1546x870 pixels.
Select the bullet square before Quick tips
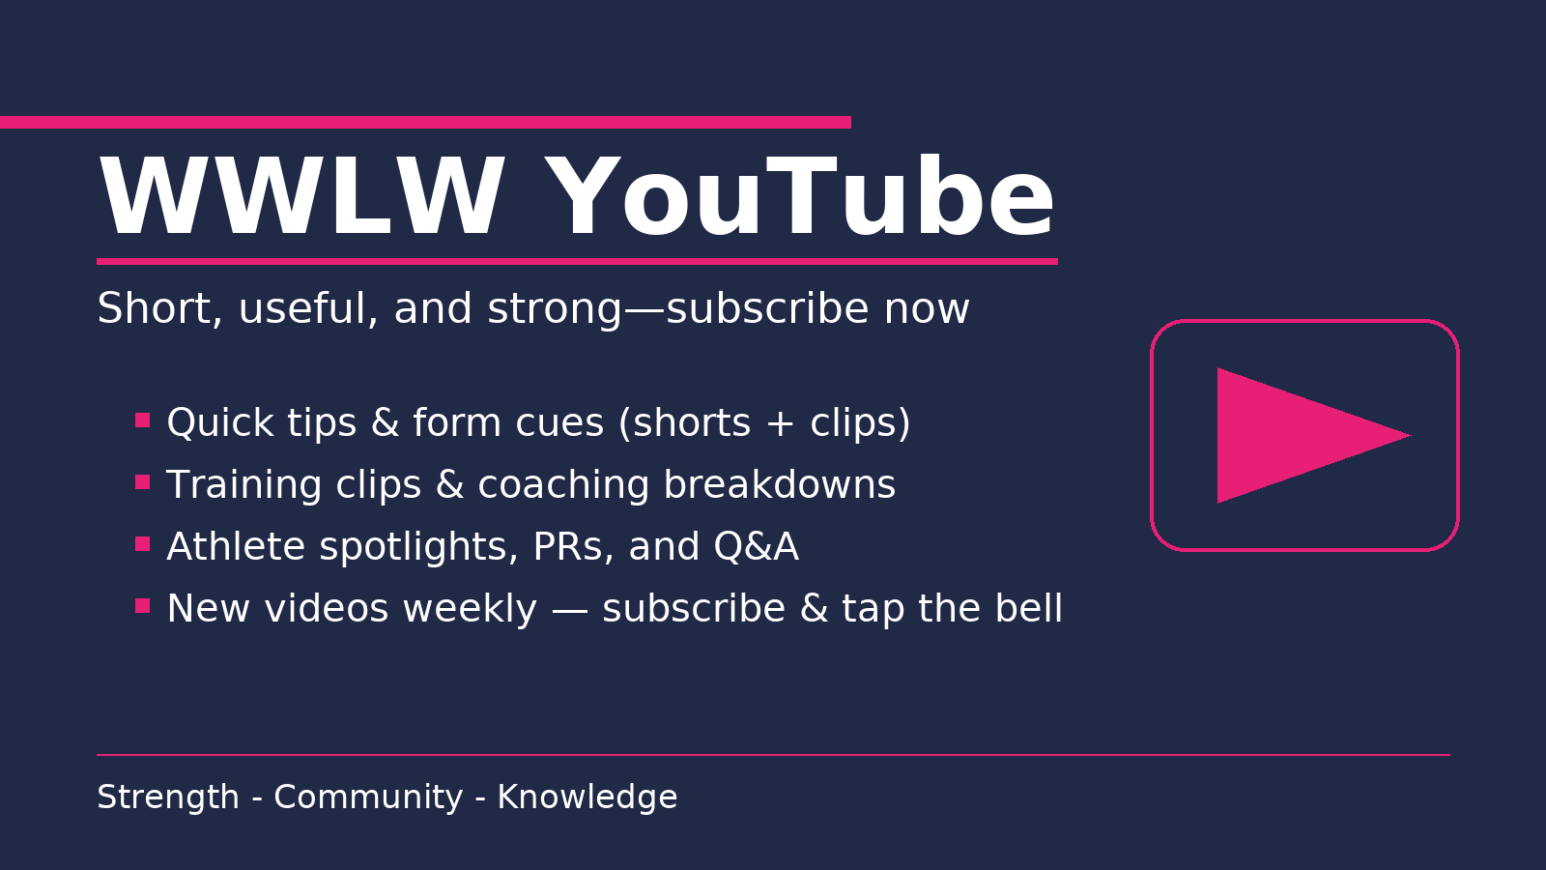143,420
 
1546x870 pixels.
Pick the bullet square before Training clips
143,482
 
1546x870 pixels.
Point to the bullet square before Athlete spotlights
143,544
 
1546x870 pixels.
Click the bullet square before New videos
143,606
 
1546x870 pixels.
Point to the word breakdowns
779,484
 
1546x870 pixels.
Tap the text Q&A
756,547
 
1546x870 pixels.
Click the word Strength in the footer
168,798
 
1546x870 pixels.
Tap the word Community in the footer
368,798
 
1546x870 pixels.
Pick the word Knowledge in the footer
587,798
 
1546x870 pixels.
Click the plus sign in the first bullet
780,423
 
